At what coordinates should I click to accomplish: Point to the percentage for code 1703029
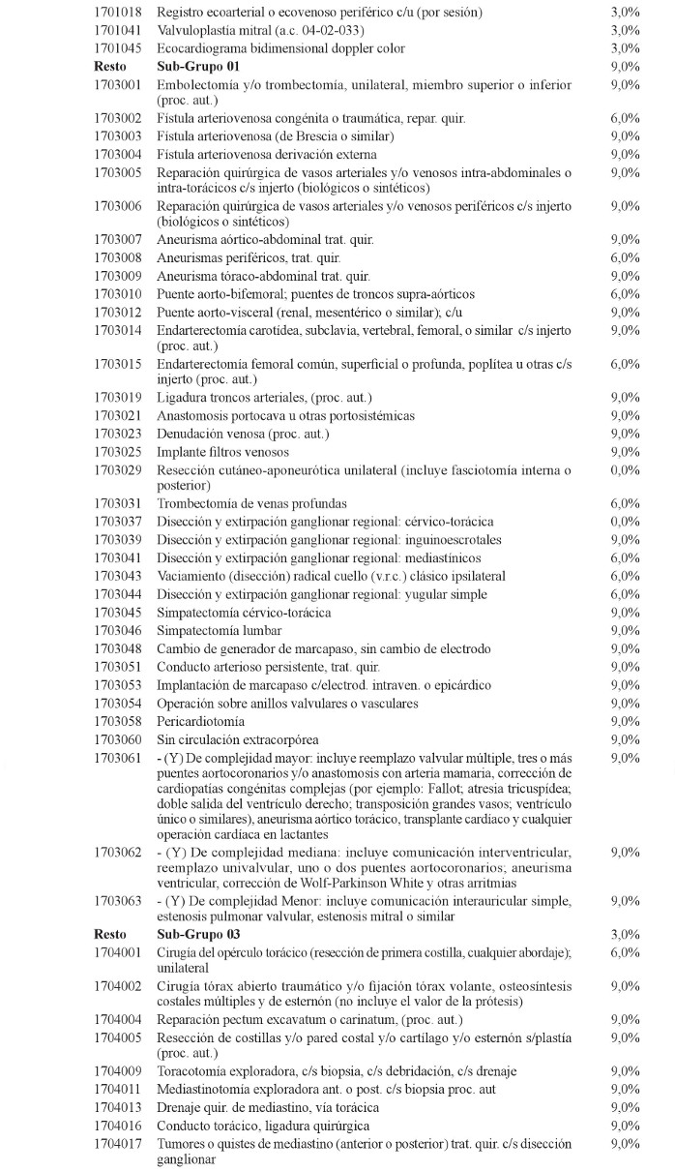[625, 470]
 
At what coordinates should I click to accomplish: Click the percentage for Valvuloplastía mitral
[625, 31]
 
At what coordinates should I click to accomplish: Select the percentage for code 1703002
[625, 118]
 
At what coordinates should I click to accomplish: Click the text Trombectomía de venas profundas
[251, 504]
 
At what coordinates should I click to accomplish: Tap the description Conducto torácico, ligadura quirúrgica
[262, 1126]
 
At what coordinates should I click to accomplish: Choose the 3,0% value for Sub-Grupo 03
[625, 934]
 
